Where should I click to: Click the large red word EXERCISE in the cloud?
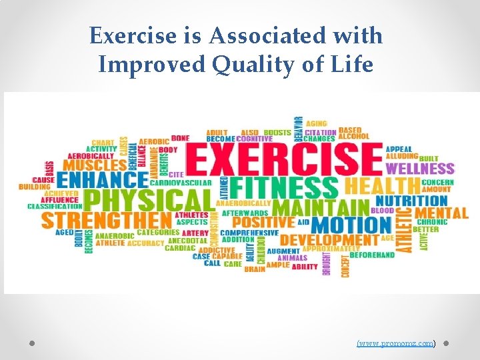tap(285, 159)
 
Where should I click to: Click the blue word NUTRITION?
tap(411, 200)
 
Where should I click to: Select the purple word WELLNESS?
tap(420, 169)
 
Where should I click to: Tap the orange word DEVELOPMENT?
tap(329, 240)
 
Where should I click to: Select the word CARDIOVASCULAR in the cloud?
tap(181, 183)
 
